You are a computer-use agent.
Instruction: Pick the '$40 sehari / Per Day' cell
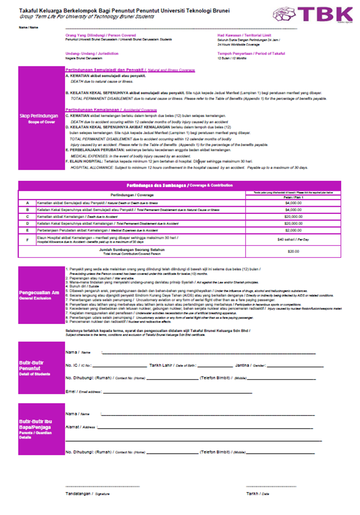coord(293,239)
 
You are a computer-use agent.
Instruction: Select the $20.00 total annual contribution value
coord(293,251)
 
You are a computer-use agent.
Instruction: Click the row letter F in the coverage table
coord(27,239)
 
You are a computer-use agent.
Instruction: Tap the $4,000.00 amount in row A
coord(293,202)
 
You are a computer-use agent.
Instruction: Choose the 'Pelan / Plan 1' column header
coord(293,196)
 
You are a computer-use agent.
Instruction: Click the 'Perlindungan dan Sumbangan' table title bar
coord(180,185)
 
